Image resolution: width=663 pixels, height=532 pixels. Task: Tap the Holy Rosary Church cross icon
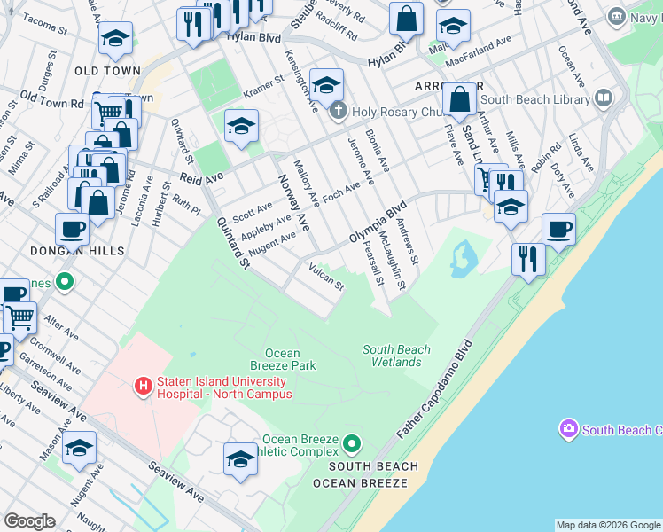coord(337,111)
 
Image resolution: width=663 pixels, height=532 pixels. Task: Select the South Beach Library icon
coord(604,98)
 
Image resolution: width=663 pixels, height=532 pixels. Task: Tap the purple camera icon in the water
coord(568,430)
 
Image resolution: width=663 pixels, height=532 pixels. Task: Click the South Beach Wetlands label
coord(396,356)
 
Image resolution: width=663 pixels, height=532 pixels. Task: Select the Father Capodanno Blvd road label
coord(433,389)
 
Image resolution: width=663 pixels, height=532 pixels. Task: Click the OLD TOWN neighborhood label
coord(107,70)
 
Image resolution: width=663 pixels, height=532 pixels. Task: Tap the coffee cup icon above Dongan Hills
coord(72,229)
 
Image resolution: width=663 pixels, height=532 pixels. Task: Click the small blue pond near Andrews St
coord(463,257)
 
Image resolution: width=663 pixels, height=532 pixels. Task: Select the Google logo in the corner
coord(29,520)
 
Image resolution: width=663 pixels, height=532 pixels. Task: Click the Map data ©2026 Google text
coord(608,525)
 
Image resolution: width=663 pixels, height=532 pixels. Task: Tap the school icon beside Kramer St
coord(241,126)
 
